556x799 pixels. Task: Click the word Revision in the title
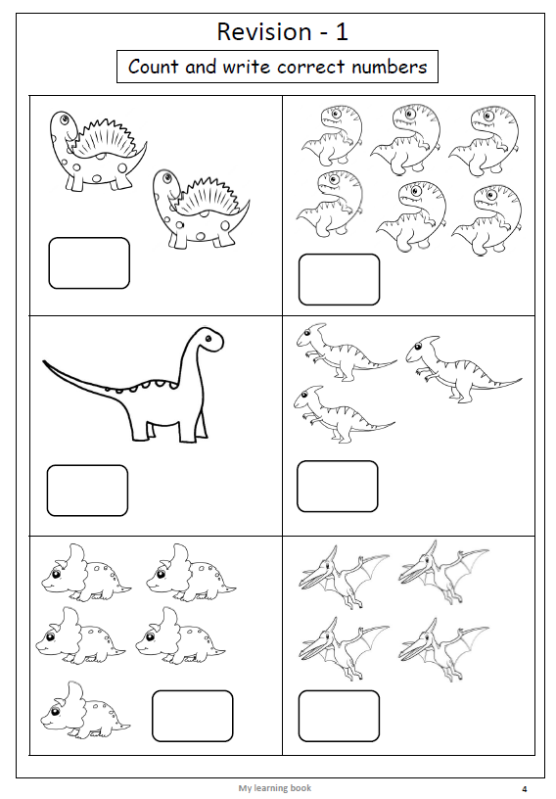[264, 32]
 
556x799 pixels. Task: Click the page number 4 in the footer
[525, 789]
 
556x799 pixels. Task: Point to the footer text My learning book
[275, 788]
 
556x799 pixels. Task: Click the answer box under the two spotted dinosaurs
[89, 263]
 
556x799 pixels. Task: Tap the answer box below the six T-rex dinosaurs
[339, 280]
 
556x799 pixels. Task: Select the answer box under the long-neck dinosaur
[88, 491]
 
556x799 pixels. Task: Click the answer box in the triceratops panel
[193, 716]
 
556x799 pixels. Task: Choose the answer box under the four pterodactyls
[339, 716]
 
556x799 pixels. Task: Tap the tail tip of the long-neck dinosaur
[45, 362]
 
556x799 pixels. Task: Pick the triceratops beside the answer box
[85, 709]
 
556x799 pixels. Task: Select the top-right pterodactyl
[443, 572]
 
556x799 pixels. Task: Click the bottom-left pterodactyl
[344, 648]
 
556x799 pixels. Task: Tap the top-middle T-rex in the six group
[406, 138]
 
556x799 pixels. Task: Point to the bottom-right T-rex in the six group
[487, 220]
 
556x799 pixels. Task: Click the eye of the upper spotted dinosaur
[64, 119]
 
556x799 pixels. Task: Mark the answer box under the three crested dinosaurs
[338, 486]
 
